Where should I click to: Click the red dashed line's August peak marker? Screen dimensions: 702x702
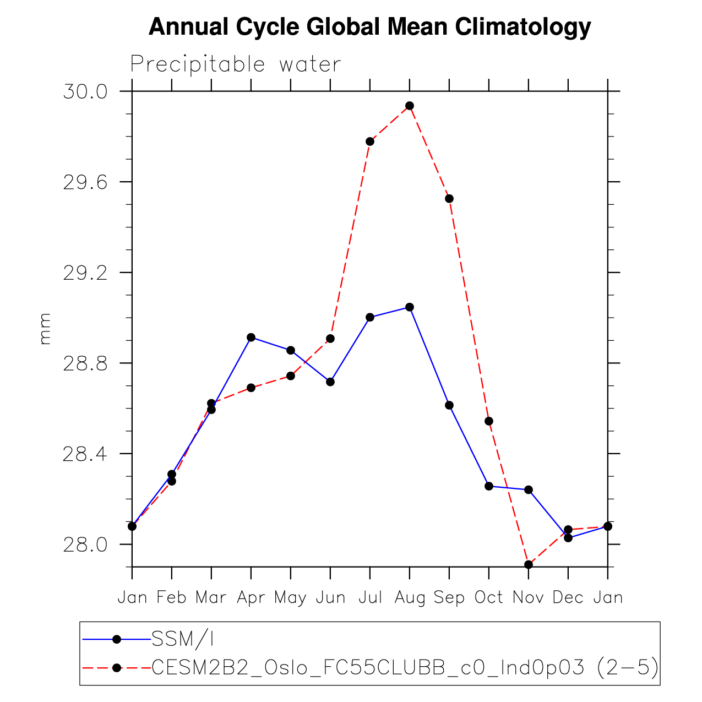coord(409,106)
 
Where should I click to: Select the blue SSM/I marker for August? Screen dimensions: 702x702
coord(409,307)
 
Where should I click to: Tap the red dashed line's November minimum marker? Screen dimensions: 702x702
coord(529,564)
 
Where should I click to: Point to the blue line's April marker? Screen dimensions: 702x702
coord(251,337)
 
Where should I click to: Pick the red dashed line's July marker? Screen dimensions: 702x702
coord(370,142)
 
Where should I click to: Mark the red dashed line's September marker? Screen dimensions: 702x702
coord(449,198)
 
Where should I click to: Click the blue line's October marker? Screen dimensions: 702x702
coord(489,486)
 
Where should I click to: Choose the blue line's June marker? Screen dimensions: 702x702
coord(330,382)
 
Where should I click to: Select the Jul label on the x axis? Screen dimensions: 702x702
coord(370,597)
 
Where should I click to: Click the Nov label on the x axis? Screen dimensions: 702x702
coord(529,597)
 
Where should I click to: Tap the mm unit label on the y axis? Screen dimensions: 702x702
coord(45,329)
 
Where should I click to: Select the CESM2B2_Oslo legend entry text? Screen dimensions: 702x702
coord(405,668)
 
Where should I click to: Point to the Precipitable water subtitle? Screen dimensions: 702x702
coord(236,65)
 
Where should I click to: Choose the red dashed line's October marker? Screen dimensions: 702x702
coord(489,421)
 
